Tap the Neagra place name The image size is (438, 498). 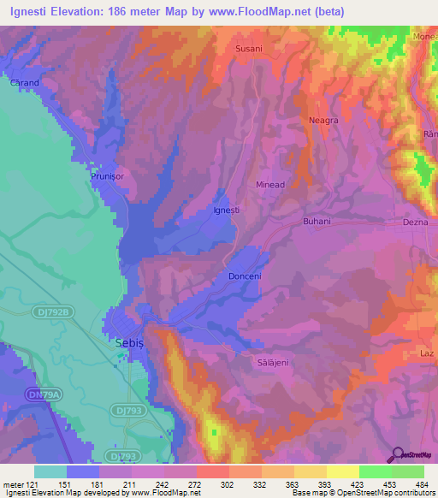pyautogui.click(x=323, y=121)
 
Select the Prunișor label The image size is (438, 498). pyautogui.click(x=109, y=176)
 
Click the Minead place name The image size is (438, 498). pyautogui.click(x=270, y=184)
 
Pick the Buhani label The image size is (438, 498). pyautogui.click(x=317, y=221)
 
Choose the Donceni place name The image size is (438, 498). pyautogui.click(x=246, y=276)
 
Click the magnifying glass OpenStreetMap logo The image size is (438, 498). pyautogui.click(x=397, y=454)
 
